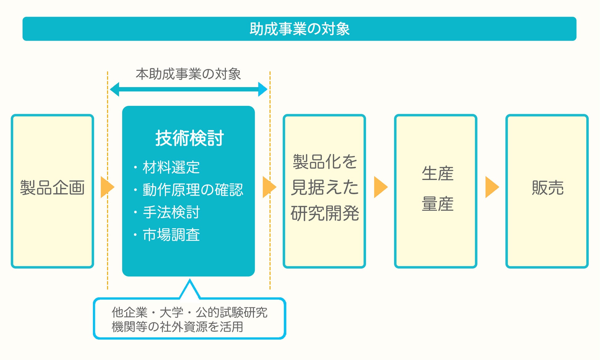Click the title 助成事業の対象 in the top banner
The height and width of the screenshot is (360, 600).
[299, 29]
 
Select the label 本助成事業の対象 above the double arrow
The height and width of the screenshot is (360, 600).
[188, 74]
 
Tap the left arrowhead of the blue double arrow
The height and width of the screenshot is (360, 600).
[115, 89]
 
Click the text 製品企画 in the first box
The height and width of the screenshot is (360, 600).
[52, 188]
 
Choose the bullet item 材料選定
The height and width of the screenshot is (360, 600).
[171, 167]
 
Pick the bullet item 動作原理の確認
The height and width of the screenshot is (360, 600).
[193, 190]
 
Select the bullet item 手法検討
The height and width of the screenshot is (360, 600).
[171, 212]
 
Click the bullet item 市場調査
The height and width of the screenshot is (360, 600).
[171, 235]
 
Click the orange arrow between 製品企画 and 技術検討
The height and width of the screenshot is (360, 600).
[107, 187]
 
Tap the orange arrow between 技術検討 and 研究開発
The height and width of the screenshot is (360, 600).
[269, 187]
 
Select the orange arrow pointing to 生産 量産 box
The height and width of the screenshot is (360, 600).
[380, 187]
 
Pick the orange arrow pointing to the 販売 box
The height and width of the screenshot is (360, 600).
[491, 187]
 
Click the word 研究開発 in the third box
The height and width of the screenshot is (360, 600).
[325, 213]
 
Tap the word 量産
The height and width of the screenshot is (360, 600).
[438, 204]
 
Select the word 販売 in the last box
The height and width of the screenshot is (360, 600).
[548, 188]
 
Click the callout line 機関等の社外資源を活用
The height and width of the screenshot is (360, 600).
[177, 327]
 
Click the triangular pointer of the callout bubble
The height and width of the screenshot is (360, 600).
[190, 290]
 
